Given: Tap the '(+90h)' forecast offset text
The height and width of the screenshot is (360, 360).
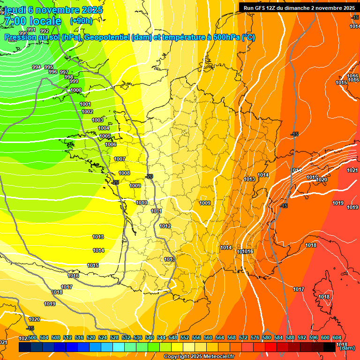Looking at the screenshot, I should coord(81,21).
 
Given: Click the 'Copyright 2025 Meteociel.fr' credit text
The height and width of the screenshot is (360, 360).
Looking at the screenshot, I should coord(199,357).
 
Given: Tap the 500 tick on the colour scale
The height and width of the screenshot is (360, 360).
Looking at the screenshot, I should coord(32,338).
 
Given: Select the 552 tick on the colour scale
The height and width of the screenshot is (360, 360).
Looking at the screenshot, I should coord(185,338).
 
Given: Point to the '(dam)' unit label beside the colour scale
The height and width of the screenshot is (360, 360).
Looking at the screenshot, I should coord(347,348).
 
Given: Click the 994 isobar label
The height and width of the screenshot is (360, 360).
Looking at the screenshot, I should coord(37,67).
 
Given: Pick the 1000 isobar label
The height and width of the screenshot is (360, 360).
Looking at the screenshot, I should coord(75,90).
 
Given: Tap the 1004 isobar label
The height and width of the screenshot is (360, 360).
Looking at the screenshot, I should coord(104,128).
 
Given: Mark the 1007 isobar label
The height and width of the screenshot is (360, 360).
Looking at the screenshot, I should coord(120,159).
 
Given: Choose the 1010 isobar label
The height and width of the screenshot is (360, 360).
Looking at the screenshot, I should coord(142,203).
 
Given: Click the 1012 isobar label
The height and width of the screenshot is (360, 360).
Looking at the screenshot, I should coord(165,226).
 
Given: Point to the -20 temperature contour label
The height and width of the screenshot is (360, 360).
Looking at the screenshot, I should coord(150,176).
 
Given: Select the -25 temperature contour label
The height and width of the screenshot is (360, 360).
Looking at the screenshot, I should coord(115,182).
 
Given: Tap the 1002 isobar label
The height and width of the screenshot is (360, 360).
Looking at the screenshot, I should coord(87,112).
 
